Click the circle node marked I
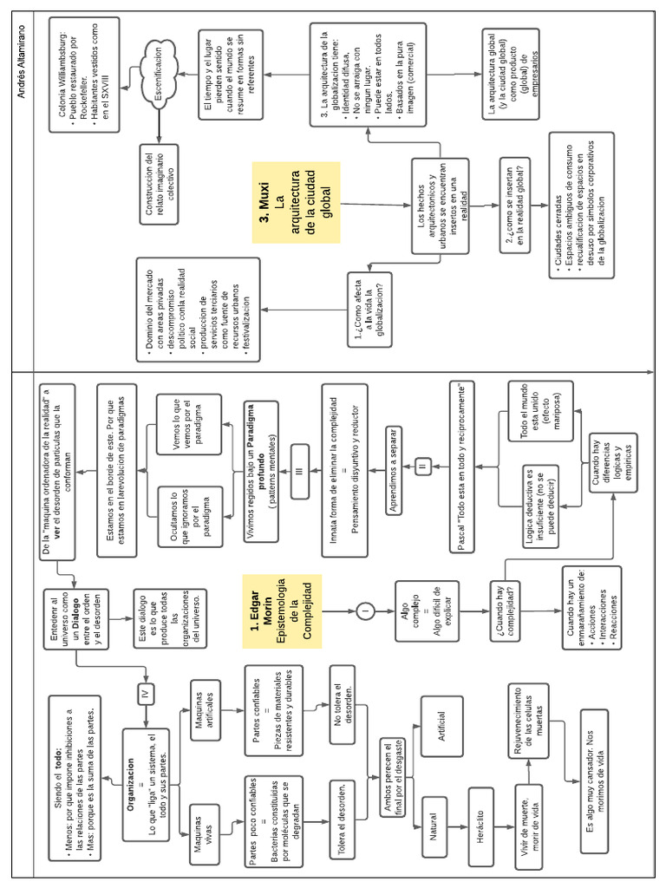pos(365,612)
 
